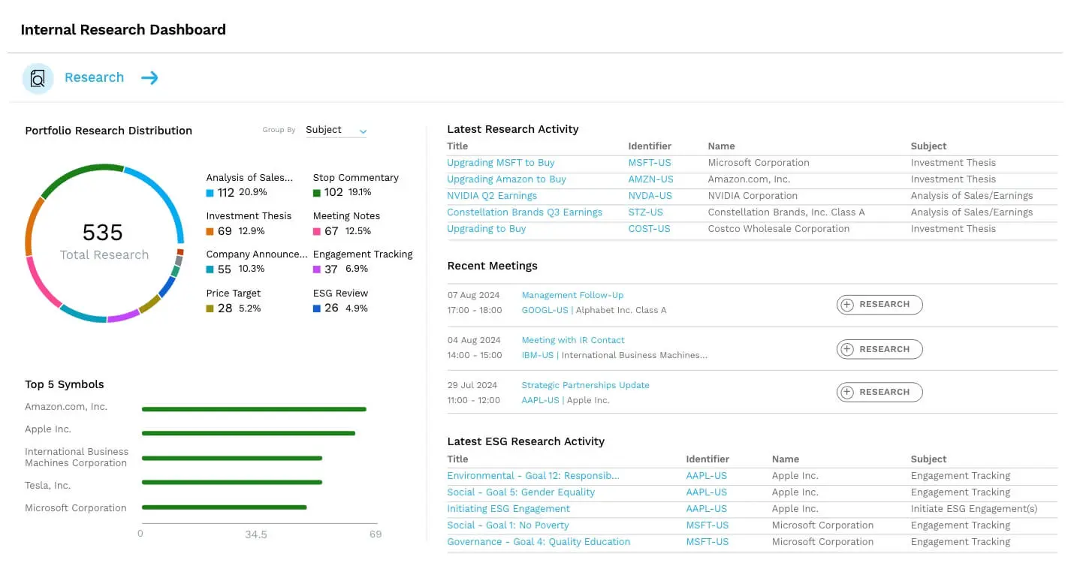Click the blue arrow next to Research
(x=149, y=78)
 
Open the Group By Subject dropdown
(x=336, y=130)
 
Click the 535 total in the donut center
(x=103, y=232)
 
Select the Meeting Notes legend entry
(x=346, y=216)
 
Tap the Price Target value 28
(x=225, y=309)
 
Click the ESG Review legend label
(x=340, y=294)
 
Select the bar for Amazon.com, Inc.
(x=254, y=409)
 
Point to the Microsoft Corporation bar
(x=224, y=507)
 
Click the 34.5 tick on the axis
(x=256, y=534)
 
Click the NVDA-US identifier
(x=650, y=196)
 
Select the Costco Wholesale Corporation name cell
(x=778, y=229)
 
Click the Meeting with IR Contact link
(x=572, y=340)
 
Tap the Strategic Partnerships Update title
(x=585, y=385)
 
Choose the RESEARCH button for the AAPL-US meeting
(x=879, y=392)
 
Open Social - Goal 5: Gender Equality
(x=520, y=492)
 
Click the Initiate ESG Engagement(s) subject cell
(x=973, y=509)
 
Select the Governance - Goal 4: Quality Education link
(x=539, y=542)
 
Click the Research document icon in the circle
(x=38, y=78)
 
